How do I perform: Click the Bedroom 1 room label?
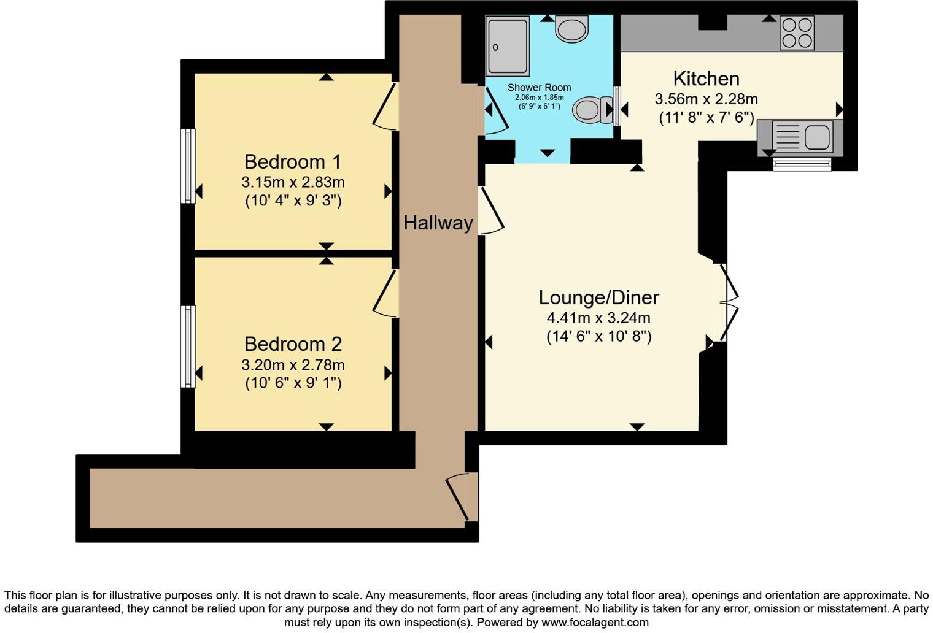pos(292,162)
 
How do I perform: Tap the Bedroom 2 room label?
pos(292,344)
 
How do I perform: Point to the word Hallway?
pos(438,223)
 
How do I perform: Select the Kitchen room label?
pos(706,79)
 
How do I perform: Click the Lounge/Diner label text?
pos(598,297)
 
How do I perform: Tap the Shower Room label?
pos(539,88)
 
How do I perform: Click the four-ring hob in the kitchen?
pos(797,33)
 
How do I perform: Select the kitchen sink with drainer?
pos(801,135)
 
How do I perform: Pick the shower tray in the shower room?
pos(507,45)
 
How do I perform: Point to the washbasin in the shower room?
pos(571,29)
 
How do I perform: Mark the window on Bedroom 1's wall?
pos(187,166)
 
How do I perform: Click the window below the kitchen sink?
pos(802,164)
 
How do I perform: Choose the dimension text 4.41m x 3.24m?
pos(598,318)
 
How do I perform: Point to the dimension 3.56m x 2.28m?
pos(706,99)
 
